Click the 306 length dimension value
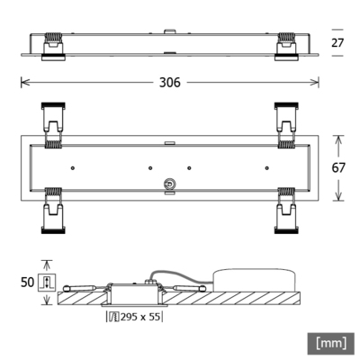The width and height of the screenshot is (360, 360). coord(170,82)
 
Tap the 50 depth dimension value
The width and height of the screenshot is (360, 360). coord(27,282)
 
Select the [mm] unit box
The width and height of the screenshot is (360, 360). coord(332,343)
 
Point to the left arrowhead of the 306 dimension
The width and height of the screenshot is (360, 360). coord(23,82)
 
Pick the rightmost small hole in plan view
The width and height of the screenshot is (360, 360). coord(270,167)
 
